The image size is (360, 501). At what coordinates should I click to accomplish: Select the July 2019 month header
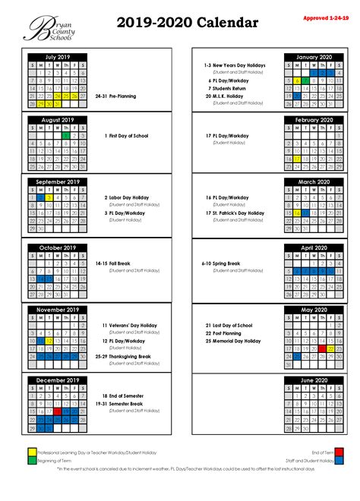(57, 57)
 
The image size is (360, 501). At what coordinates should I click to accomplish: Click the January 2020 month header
(312, 57)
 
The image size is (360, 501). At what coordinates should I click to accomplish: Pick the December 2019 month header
(57, 379)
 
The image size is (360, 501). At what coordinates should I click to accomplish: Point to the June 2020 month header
(312, 379)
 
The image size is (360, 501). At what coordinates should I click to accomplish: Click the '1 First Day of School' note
(130, 136)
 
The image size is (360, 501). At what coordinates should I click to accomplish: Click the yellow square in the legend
(32, 451)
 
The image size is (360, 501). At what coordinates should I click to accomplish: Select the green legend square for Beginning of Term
(32, 460)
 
